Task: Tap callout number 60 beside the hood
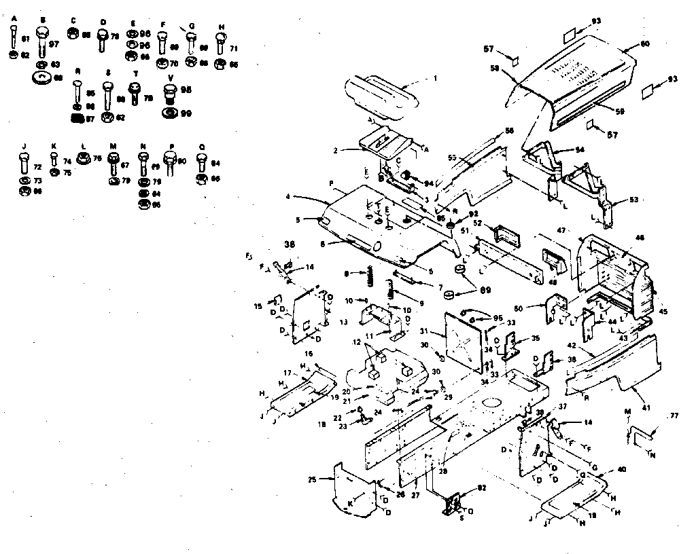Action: coord(644,44)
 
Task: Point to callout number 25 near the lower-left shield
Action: coord(312,480)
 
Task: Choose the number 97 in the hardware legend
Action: coord(53,43)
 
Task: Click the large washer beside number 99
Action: coord(171,112)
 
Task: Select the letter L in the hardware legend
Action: coord(82,146)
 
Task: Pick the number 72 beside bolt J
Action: coord(37,166)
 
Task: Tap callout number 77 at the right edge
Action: coord(674,415)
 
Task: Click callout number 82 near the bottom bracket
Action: coord(482,487)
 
